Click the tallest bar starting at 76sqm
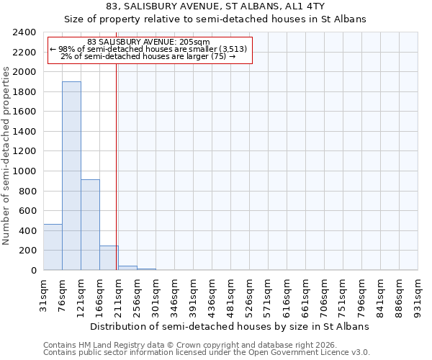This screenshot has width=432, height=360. tap(71, 176)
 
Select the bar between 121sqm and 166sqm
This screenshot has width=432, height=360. tap(90, 225)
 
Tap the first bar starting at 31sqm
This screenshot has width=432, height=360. tap(53, 247)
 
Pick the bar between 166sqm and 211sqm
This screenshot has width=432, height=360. tap(109, 258)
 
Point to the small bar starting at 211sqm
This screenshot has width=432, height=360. tap(127, 268)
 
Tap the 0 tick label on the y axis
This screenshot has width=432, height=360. tap(33, 271)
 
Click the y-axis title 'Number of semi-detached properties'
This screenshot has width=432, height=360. tap(7, 156)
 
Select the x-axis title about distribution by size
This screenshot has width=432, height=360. tap(230, 326)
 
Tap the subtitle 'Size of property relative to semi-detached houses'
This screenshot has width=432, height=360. tap(215, 19)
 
